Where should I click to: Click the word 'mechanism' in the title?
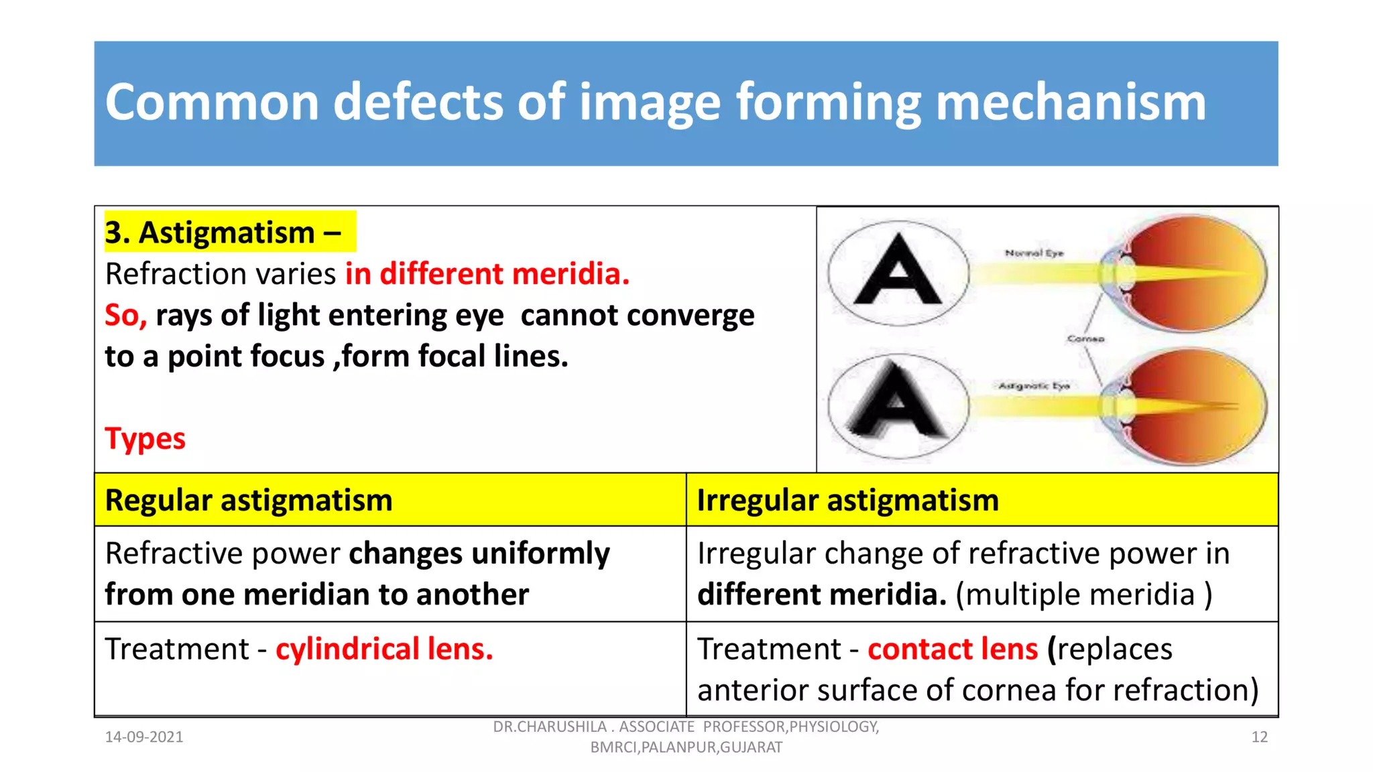pyautogui.click(x=1071, y=103)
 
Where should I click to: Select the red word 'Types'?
pyautogui.click(x=145, y=439)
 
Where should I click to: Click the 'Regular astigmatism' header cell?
pyautogui.click(x=249, y=501)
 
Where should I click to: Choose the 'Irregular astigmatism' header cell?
pyautogui.click(x=847, y=501)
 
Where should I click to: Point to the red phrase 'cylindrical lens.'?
pyautogui.click(x=384, y=649)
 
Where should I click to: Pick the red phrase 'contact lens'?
pyautogui.click(x=952, y=649)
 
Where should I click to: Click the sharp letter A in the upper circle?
pyautogui.click(x=898, y=271)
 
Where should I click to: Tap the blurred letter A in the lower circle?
pyautogui.click(x=896, y=403)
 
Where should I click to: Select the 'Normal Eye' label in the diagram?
pyautogui.click(x=1034, y=253)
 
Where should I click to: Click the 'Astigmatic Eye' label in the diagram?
pyautogui.click(x=1034, y=386)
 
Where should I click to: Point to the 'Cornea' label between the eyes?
pyautogui.click(x=1085, y=339)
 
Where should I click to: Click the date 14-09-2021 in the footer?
pyautogui.click(x=144, y=737)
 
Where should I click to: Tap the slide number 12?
pyautogui.click(x=1259, y=737)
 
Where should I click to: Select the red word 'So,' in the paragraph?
pyautogui.click(x=125, y=316)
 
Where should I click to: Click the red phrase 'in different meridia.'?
pyautogui.click(x=487, y=274)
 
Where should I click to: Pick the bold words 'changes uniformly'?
pyautogui.click(x=479, y=554)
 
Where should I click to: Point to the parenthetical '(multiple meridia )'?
pyautogui.click(x=1084, y=595)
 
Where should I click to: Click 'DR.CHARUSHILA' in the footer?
pyautogui.click(x=549, y=727)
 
